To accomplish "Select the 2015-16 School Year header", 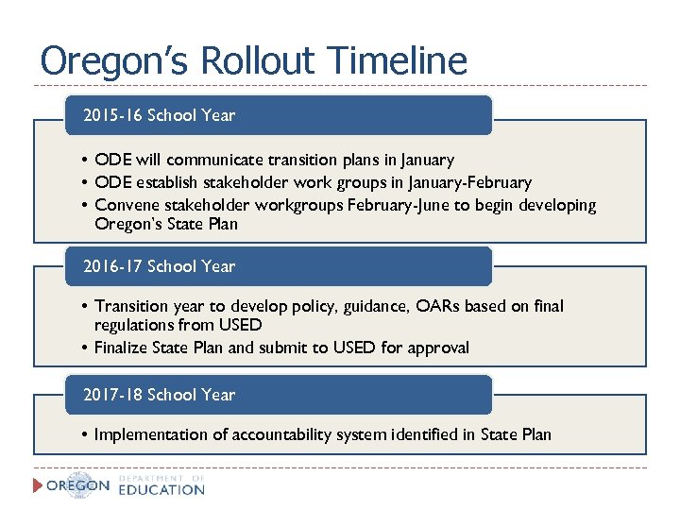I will click(x=159, y=115).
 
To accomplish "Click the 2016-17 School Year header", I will click(x=159, y=266).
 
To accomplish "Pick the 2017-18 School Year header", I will click(x=159, y=395).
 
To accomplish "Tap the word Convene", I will click(x=127, y=205).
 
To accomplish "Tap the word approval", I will click(x=438, y=348).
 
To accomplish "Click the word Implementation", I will click(x=151, y=434).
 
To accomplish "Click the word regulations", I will click(x=135, y=325).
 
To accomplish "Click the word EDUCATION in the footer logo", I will click(x=161, y=490).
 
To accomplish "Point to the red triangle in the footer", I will click(x=39, y=485).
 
